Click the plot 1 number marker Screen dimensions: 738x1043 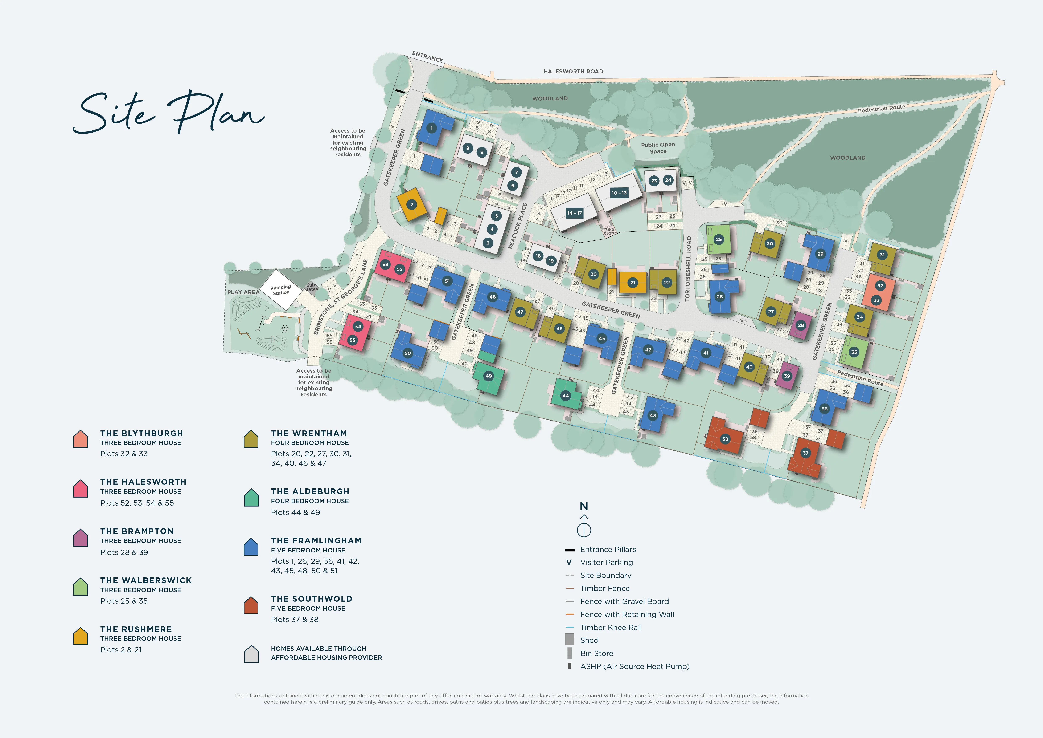click(x=432, y=128)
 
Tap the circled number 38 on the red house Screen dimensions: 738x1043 click(x=725, y=439)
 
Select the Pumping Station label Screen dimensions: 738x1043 click(x=281, y=290)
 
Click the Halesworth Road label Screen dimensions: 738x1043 click(x=573, y=71)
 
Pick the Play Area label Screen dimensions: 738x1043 click(x=243, y=292)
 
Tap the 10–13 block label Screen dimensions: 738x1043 click(x=619, y=193)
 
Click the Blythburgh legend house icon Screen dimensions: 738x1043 click(x=80, y=439)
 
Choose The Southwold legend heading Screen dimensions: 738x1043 click(x=312, y=599)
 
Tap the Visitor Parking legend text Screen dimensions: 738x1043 click(x=607, y=563)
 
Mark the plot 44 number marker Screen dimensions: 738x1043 click(x=565, y=396)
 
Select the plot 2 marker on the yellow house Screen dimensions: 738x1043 click(x=412, y=204)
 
